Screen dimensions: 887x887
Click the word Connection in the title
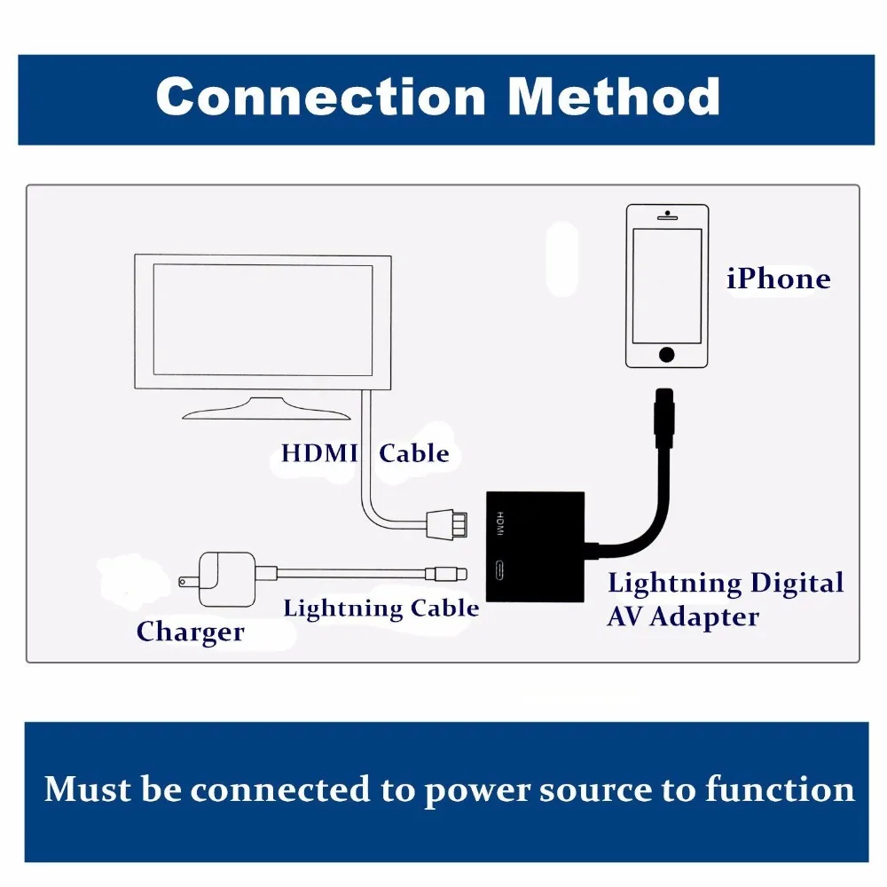(321, 97)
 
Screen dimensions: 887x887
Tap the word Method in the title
(614, 97)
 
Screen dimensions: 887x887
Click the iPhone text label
(779, 279)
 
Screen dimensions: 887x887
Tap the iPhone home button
(666, 355)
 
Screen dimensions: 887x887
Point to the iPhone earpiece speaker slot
(667, 217)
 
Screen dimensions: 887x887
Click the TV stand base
(266, 409)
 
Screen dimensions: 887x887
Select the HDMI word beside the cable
(319, 453)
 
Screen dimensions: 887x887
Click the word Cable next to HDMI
(414, 453)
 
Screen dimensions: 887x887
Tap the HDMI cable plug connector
(447, 524)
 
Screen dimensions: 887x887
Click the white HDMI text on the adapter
(500, 523)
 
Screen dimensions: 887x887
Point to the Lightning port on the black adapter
(498, 570)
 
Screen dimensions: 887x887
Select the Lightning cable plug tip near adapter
(447, 574)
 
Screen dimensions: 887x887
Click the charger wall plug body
(226, 579)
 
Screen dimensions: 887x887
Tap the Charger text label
(191, 632)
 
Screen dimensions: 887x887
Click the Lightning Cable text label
(381, 608)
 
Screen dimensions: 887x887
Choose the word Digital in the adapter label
(797, 584)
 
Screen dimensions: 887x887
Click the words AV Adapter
(683, 617)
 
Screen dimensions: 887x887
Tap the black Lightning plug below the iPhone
(664, 418)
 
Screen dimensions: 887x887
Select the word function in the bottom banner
(780, 789)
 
